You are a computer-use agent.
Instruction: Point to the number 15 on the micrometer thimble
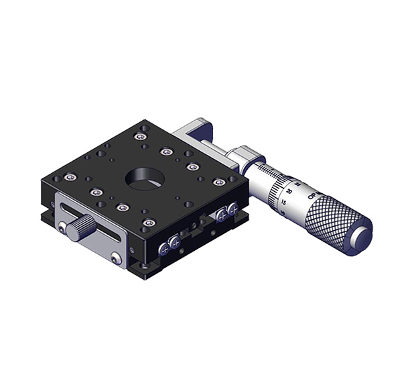click(x=284, y=201)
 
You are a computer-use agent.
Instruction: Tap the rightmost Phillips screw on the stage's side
click(x=232, y=210)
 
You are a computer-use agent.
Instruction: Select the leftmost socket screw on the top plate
click(x=70, y=177)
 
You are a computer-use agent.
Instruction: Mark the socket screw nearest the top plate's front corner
click(x=148, y=222)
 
